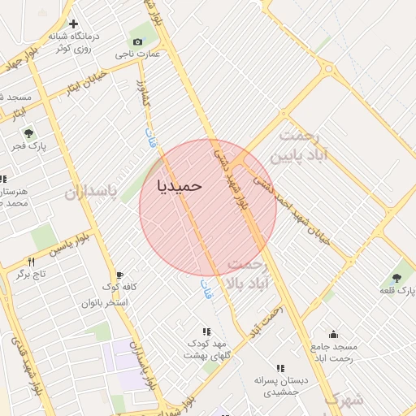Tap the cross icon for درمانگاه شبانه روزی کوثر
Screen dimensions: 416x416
(74, 24)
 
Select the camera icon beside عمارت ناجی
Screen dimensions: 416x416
(136, 41)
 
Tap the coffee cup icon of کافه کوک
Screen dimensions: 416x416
(120, 275)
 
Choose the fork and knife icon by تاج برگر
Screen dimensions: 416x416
(32, 262)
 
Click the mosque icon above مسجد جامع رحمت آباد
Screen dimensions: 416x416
(332, 333)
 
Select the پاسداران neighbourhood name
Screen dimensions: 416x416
(91, 192)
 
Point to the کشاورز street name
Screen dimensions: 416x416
(143, 92)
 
